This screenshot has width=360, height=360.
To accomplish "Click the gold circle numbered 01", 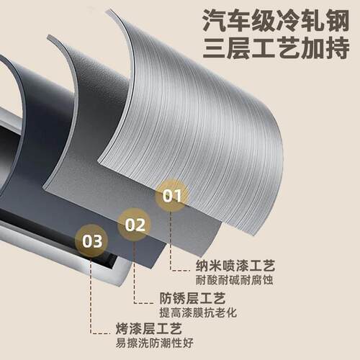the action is pos(172,196).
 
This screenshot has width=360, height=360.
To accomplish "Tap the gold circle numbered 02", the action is pos(135,225).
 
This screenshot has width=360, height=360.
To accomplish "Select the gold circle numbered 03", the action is pos(91,241).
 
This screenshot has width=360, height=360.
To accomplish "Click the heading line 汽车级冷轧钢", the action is pos(276,22).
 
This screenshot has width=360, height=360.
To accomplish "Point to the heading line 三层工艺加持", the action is pos(276,48).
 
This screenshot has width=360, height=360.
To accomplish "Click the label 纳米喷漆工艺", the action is pos(235,266).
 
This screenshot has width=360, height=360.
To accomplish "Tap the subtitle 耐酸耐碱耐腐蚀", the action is pos(234,280).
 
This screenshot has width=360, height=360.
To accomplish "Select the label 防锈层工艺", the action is pos(192,298).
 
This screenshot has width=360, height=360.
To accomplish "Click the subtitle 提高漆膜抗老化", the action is pos(198,312).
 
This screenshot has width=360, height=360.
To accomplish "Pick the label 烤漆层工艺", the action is pos(149,328).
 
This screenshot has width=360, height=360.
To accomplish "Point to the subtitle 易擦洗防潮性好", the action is pos(154,343).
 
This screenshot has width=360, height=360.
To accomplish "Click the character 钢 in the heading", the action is pos(338,22).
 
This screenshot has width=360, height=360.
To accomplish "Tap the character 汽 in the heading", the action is pos(214,22).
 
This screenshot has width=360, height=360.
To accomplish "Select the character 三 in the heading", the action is pos(215,48).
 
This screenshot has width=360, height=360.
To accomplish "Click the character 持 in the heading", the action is pos(338,48).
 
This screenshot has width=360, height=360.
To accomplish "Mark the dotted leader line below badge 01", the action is pos(171,243).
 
